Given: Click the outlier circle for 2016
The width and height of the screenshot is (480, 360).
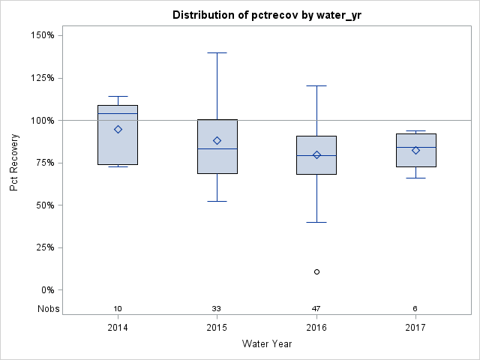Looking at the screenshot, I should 316,271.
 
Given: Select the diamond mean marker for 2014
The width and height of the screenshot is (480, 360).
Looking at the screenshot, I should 118,129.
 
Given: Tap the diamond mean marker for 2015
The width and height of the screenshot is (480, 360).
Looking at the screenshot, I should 217,140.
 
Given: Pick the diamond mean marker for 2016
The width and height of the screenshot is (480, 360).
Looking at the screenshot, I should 316,154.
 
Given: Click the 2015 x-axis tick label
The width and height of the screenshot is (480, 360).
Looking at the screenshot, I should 217,328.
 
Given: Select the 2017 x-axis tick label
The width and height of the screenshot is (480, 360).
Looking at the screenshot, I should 415,328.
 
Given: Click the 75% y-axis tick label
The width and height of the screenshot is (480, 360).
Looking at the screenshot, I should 43,163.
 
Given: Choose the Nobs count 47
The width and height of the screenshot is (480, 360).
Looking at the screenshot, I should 316,309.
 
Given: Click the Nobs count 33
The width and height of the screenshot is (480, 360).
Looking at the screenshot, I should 217,309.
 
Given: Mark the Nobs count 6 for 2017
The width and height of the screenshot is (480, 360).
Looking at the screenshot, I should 415,309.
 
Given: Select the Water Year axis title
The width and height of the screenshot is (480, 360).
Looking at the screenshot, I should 266,344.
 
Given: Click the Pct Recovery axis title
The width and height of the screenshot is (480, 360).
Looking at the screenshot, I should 14,163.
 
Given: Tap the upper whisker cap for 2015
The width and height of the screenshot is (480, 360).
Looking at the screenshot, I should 217,53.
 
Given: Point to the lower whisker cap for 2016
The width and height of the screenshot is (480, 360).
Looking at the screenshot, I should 316,222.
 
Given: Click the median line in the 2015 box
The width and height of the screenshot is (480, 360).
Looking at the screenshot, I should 217,148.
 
